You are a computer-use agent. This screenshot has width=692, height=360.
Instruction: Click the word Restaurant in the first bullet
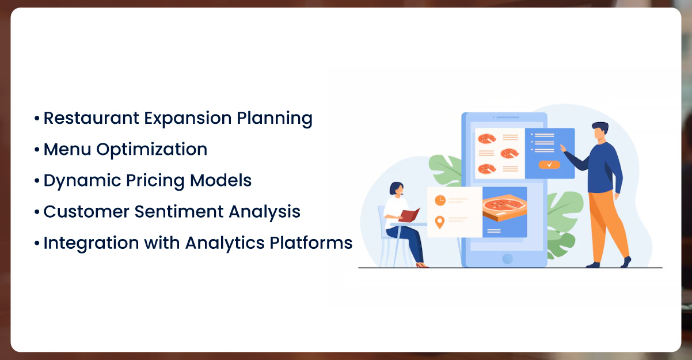pos(92,118)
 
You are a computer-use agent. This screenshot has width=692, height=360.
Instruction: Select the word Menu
pos(67,149)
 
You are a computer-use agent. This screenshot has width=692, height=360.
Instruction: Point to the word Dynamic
pos(82,181)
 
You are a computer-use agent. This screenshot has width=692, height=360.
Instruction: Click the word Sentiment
pos(179,211)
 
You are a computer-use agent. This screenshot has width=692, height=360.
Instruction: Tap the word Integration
pos(91,244)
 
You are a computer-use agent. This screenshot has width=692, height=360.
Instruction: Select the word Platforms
pos(311,242)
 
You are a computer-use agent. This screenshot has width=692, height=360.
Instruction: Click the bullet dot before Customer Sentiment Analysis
pos(37,212)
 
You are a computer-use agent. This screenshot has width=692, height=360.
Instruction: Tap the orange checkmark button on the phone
pos(549,165)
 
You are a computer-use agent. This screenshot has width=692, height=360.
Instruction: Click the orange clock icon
pos(440,200)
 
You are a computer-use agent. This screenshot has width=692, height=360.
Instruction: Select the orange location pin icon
pos(440,222)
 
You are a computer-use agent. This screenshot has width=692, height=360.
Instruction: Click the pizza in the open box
pos(504,204)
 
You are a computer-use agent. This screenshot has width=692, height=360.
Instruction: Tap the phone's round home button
pos(507,259)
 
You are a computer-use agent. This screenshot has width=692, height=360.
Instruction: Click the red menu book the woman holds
pos(409,215)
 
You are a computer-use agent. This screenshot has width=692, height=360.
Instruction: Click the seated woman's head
pos(397,190)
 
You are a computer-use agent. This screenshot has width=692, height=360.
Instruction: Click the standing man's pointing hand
pos(563,148)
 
